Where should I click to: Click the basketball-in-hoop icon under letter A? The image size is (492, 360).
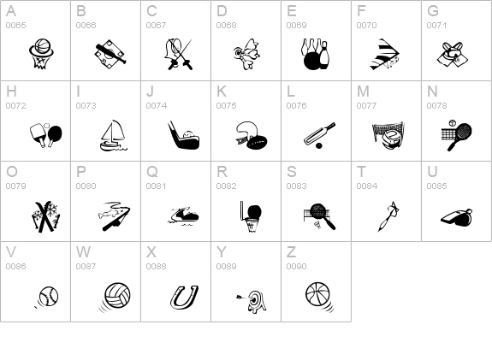coord(41,54)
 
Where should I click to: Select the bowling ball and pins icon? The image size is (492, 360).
coord(316,54)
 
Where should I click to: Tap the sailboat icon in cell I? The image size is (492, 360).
coord(113,135)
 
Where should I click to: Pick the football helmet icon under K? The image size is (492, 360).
coord(251,135)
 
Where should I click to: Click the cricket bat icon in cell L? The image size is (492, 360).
coord(319,135)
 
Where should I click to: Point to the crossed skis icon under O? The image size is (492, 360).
coord(46,216)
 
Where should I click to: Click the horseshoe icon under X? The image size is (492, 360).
coord(184,297)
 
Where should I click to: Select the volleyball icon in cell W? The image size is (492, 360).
coord(116,297)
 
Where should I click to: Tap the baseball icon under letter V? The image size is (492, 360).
coord(47,297)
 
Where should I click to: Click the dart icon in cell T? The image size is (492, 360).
coord(389,216)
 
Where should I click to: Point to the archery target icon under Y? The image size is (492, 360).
coord(252,301)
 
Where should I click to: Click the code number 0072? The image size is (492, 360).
coord(15,106)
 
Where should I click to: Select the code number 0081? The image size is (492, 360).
coord(156,186)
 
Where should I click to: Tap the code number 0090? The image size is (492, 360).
coord(296,266)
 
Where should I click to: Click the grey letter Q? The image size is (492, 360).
coord(152,172)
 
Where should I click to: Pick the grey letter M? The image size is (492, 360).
coord(363,91)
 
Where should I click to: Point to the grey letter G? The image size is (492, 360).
coord(433,11)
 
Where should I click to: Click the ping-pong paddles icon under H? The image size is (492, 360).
coord(46,135)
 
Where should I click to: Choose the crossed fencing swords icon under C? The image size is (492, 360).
coord(178,54)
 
